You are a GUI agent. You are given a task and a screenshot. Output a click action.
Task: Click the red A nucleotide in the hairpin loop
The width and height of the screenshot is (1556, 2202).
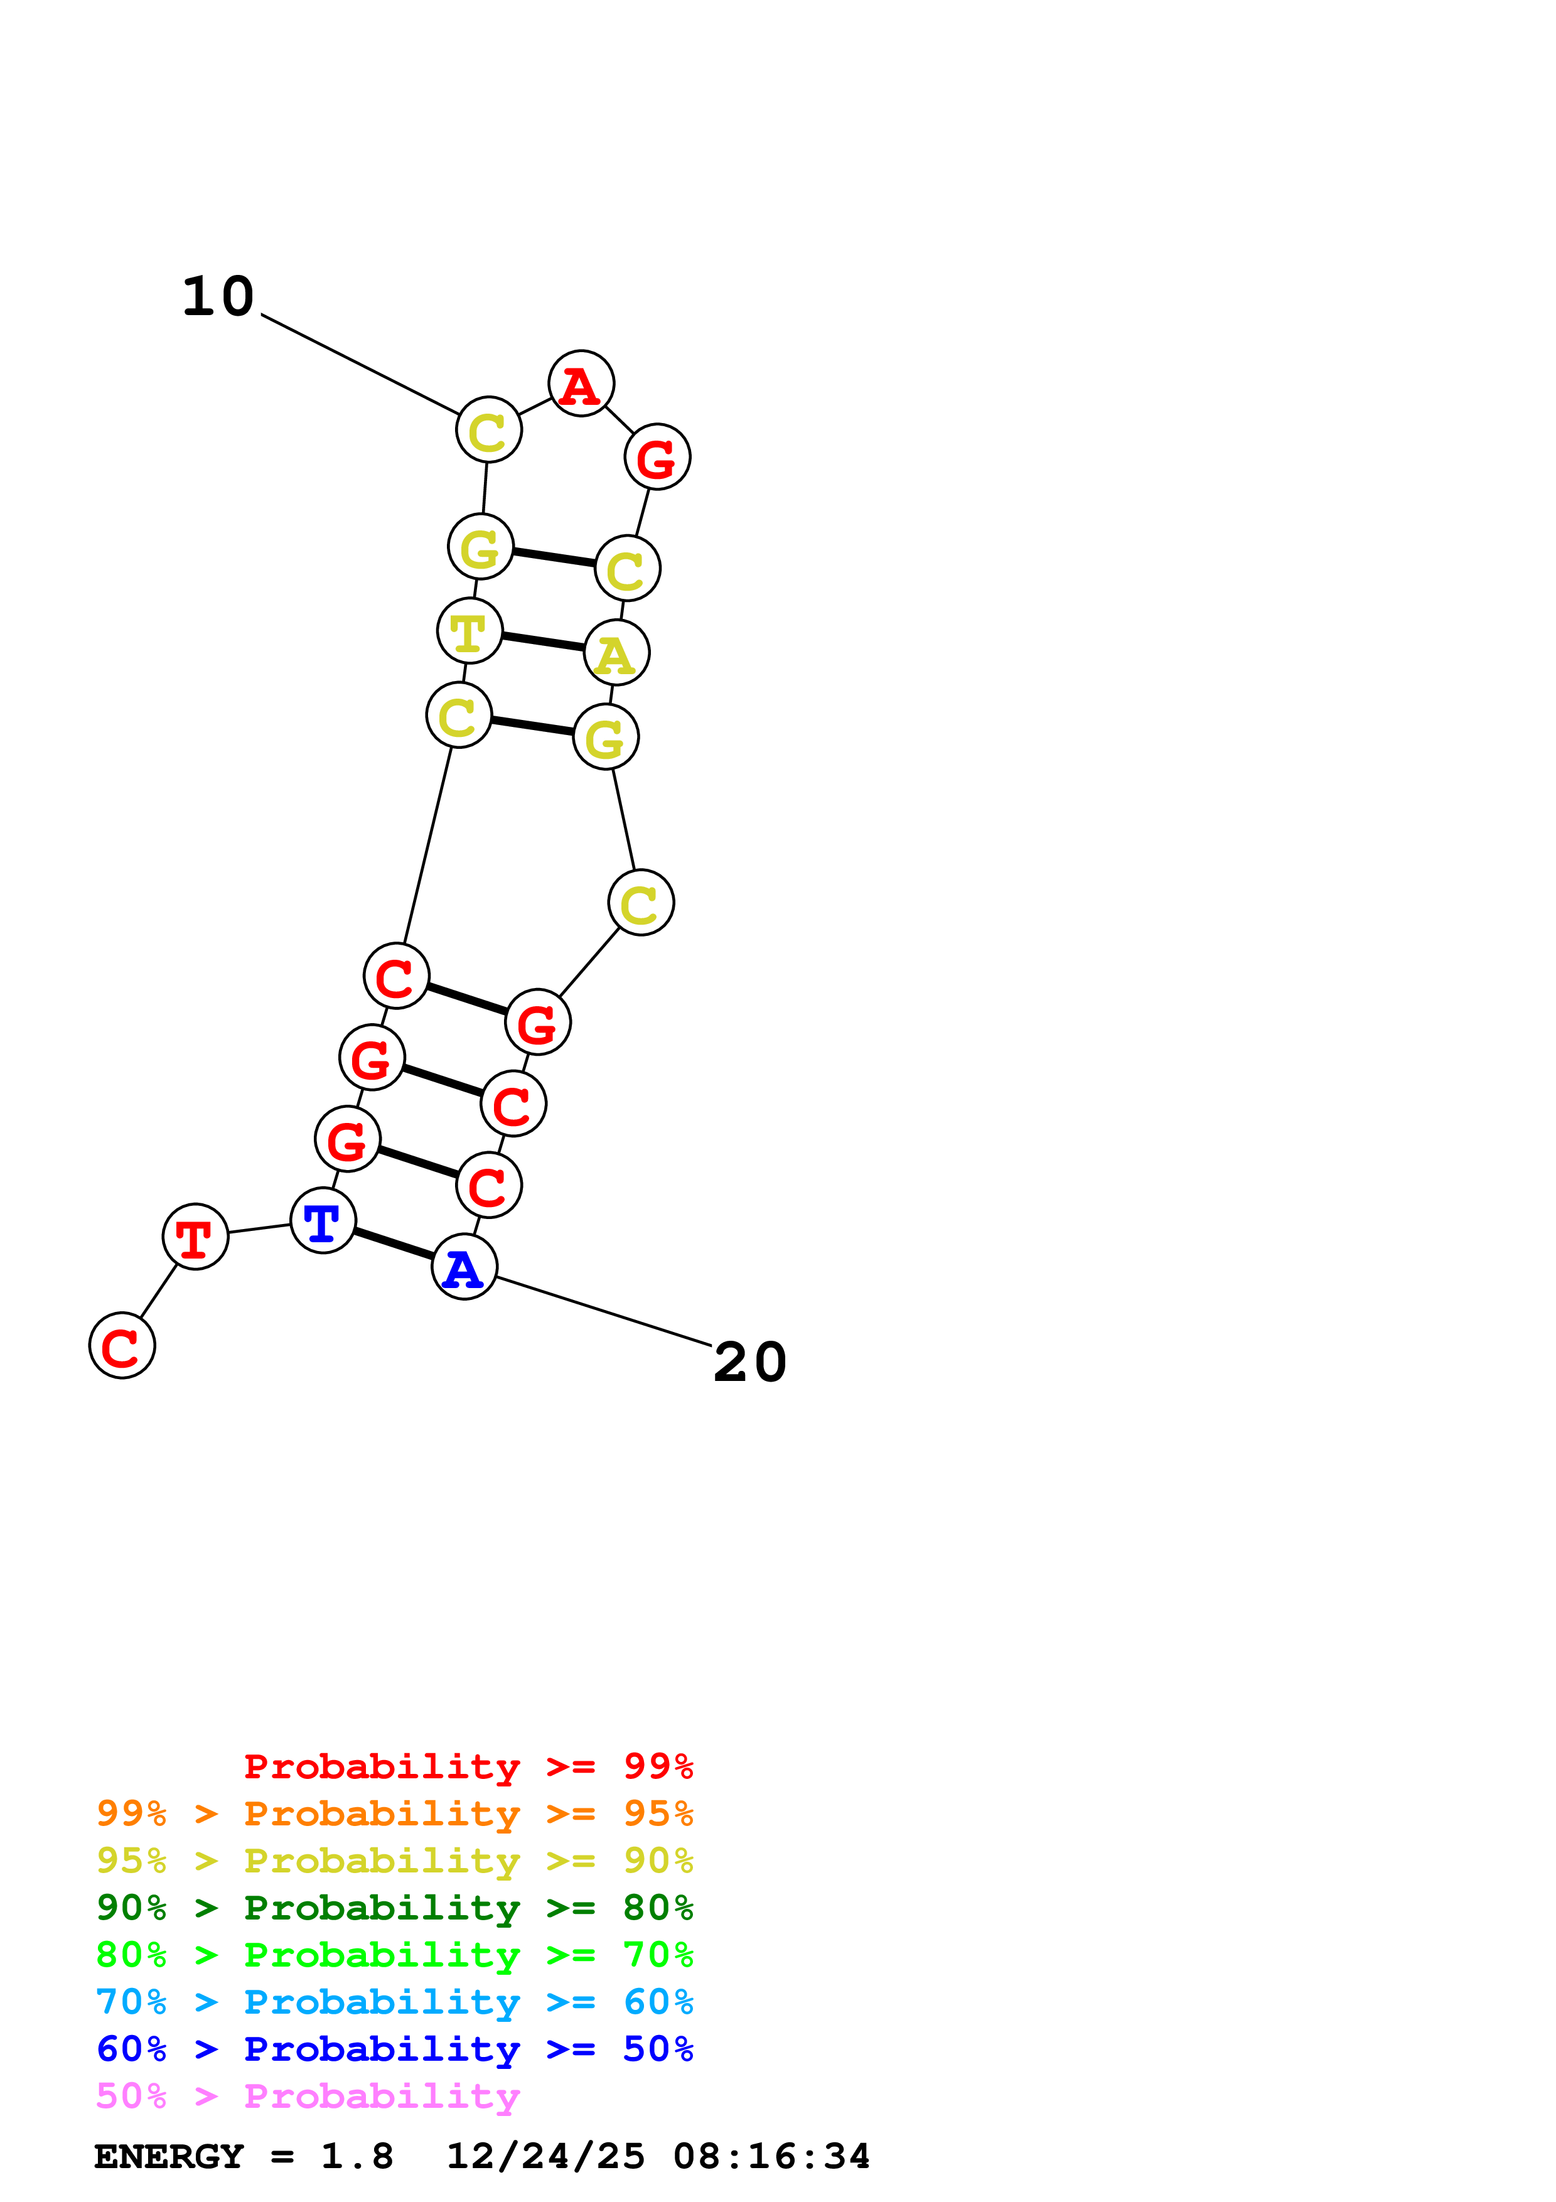point(581,384)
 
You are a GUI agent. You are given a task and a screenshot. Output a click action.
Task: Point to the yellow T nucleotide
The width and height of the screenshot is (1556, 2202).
point(469,631)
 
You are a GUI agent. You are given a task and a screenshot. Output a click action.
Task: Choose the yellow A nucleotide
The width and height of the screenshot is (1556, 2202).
point(616,653)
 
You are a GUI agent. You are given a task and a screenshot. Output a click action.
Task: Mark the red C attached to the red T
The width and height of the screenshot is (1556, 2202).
point(122,1346)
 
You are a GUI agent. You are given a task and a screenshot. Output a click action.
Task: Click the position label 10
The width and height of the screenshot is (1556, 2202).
point(218,296)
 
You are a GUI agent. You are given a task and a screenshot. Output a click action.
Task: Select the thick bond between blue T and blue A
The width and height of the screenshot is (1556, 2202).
point(393,1244)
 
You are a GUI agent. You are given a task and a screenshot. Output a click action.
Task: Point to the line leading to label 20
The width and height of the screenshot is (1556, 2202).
point(604,1311)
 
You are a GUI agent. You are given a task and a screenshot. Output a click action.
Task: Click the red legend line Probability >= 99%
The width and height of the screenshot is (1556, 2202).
point(468,1766)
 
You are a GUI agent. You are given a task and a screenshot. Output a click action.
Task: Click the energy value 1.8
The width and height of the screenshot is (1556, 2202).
point(357,2157)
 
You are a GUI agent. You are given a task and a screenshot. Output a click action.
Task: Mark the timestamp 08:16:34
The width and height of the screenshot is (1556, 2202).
point(772,2157)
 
